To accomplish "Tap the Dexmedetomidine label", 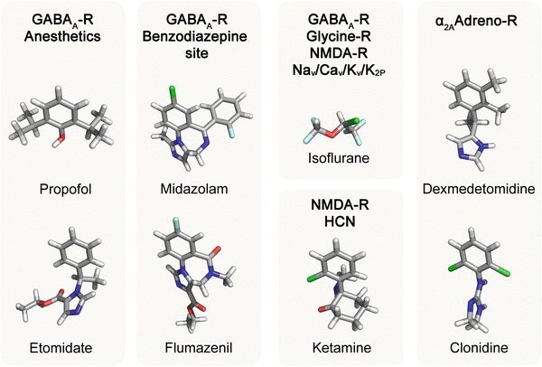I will tap(469, 190).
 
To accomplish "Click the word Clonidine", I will tap(469, 347).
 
